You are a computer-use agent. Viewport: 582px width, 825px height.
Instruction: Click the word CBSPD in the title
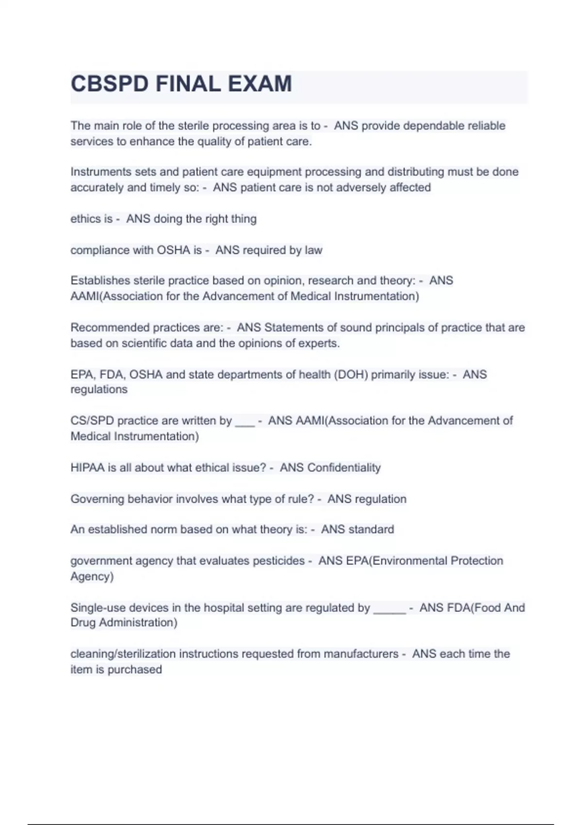click(110, 84)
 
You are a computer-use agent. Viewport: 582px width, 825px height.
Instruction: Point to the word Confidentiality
click(344, 467)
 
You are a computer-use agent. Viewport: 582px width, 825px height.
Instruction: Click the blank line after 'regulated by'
click(389, 610)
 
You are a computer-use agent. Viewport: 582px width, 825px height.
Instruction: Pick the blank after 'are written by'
click(245, 422)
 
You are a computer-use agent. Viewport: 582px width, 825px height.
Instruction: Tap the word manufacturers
click(361, 654)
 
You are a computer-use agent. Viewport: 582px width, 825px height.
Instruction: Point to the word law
click(313, 250)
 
